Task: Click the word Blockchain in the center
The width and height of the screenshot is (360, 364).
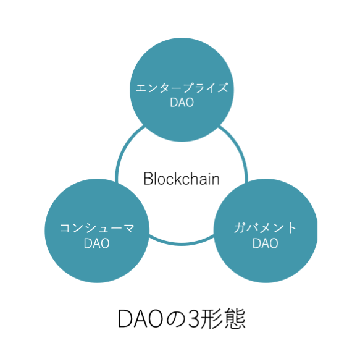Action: pyautogui.click(x=182, y=179)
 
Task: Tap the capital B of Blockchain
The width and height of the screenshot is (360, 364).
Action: pyautogui.click(x=148, y=179)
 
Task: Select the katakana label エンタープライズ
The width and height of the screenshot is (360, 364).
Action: pyautogui.click(x=182, y=88)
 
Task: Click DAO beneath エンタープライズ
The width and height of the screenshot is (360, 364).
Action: pyautogui.click(x=182, y=103)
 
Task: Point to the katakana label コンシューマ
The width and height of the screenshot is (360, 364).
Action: pyautogui.click(x=97, y=228)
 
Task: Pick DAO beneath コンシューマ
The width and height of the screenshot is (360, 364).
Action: pyautogui.click(x=97, y=243)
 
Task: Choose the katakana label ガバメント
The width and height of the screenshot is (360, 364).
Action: pyautogui.click(x=265, y=228)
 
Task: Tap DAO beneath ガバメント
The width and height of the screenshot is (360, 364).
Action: pyautogui.click(x=266, y=243)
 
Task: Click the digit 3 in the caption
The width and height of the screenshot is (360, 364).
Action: pyautogui.click(x=194, y=318)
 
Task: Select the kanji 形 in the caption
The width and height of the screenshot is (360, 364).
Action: pyautogui.click(x=211, y=318)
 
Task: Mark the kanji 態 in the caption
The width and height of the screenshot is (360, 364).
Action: pyautogui.click(x=234, y=318)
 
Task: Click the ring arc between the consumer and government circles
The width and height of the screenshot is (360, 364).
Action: pyautogui.click(x=182, y=243)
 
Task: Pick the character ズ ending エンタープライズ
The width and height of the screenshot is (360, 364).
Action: pyautogui.click(x=222, y=88)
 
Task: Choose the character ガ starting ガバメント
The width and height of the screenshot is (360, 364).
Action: pyautogui.click(x=240, y=228)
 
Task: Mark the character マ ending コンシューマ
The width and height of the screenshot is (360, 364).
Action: pyautogui.click(x=129, y=228)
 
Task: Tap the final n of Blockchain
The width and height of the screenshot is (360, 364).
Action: pyautogui.click(x=216, y=181)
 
